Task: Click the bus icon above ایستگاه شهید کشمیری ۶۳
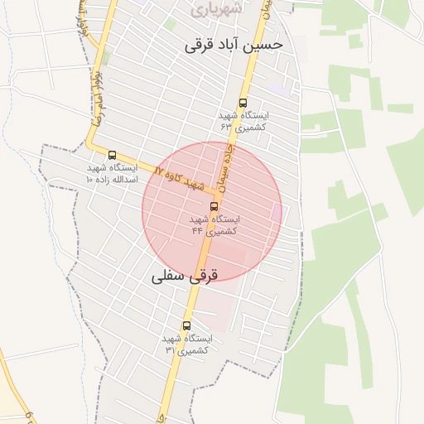click(x=243, y=104)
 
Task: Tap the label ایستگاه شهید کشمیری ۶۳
click(x=241, y=123)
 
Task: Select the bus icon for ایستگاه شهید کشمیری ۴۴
click(x=214, y=206)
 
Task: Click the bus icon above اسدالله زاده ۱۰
click(x=113, y=155)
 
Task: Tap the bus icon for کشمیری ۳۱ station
click(x=185, y=325)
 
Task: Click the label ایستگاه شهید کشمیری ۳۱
click(x=186, y=344)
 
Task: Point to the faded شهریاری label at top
click(x=215, y=10)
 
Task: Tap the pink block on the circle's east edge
click(x=277, y=213)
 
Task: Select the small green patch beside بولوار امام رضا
click(x=105, y=58)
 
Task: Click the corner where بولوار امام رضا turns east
click(x=91, y=147)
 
